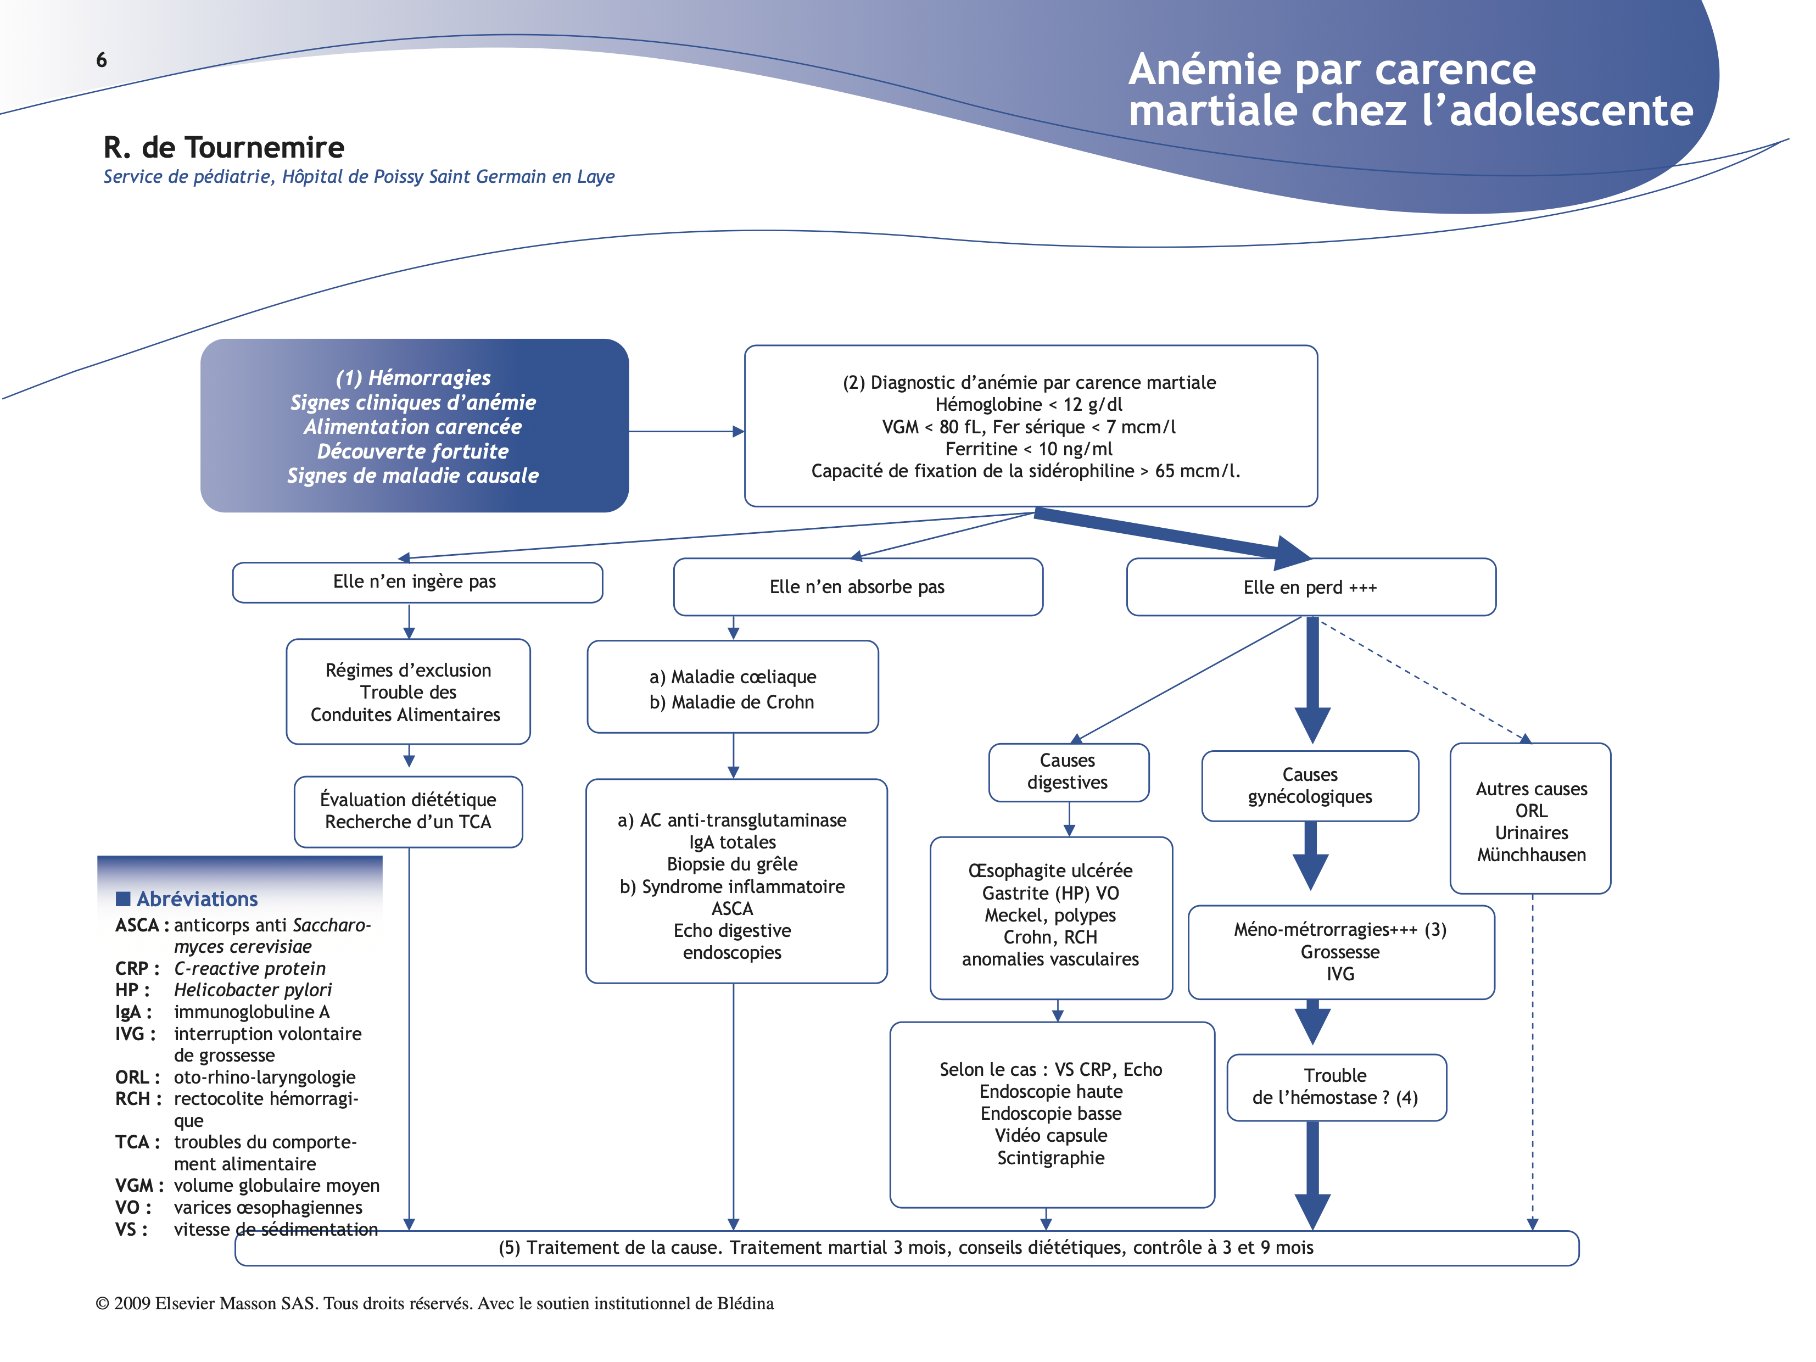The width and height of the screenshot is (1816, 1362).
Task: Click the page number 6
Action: pyautogui.click(x=102, y=60)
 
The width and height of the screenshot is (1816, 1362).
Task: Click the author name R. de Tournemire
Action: pyautogui.click(x=223, y=148)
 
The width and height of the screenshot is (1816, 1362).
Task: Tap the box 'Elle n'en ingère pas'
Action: pyautogui.click(x=417, y=582)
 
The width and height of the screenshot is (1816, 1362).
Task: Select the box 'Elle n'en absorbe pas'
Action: pyautogui.click(x=857, y=587)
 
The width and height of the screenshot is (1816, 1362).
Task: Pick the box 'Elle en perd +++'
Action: pyautogui.click(x=1310, y=588)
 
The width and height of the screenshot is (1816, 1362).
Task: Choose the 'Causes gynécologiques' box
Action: pyautogui.click(x=1310, y=786)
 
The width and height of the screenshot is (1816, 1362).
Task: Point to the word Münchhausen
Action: pyautogui.click(x=1531, y=856)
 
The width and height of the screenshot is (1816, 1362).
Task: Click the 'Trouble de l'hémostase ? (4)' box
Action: pyautogui.click(x=1336, y=1087)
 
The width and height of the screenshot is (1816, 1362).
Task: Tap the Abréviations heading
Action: pyautogui.click(x=197, y=899)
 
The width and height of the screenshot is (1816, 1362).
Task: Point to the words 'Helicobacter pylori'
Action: pyautogui.click(x=253, y=990)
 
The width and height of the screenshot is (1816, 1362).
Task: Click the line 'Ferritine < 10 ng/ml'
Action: pyautogui.click(x=1029, y=449)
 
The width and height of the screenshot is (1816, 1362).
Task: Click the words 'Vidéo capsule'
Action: pyautogui.click(x=1051, y=1135)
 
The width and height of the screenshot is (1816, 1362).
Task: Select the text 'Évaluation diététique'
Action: pyautogui.click(x=408, y=800)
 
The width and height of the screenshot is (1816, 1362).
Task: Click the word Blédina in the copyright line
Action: pyautogui.click(x=745, y=1304)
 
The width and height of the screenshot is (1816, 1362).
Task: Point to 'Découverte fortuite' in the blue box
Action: pyautogui.click(x=413, y=451)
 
